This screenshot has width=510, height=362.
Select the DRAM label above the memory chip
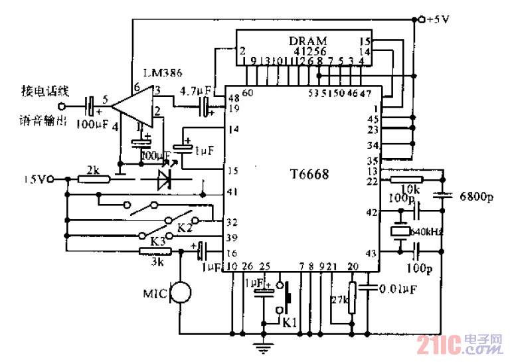click(x=307, y=41)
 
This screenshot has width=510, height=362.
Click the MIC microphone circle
click(x=181, y=293)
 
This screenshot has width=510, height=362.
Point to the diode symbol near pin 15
click(x=163, y=179)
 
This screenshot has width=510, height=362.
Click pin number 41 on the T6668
click(x=232, y=193)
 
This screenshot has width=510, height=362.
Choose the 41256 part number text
click(x=307, y=50)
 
